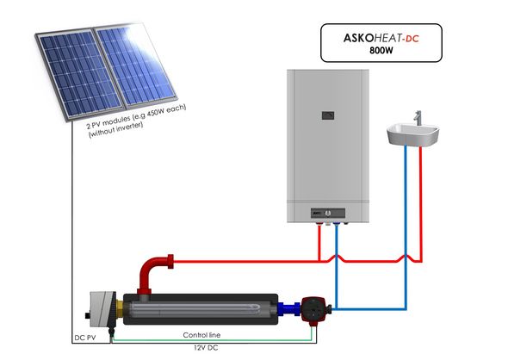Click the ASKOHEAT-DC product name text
tap(381, 38)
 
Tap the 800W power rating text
tap(381, 51)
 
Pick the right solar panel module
tap(135, 65)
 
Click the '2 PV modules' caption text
tap(136, 116)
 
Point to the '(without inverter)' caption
tap(115, 129)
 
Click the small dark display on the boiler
tap(328, 115)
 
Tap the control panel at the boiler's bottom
tap(328, 214)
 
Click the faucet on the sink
tap(418, 118)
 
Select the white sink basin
tap(412, 135)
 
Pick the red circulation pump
tap(313, 309)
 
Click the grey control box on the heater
tap(102, 309)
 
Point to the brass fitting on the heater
tap(120, 309)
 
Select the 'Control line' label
tap(201, 335)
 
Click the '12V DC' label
tap(206, 348)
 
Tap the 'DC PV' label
tap(85, 338)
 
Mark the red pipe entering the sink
tap(420, 204)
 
